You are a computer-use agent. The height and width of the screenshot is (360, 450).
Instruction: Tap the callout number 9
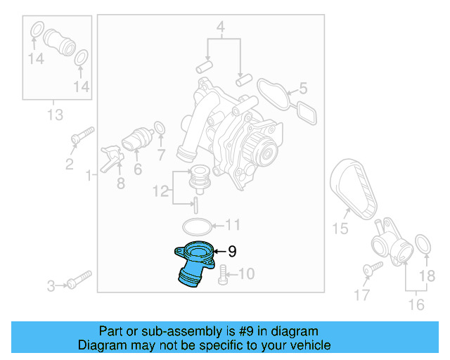232,251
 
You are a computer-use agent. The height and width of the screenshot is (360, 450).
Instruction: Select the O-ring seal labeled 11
196,226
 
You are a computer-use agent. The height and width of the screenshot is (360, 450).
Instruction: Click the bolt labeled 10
223,275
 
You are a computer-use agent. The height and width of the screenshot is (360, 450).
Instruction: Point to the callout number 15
340,228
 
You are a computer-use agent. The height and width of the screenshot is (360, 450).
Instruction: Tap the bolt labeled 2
81,136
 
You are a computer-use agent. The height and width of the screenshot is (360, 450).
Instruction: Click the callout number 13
54,115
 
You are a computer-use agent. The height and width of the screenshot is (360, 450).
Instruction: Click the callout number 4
220,28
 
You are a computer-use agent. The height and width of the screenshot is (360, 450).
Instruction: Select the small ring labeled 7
160,128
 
